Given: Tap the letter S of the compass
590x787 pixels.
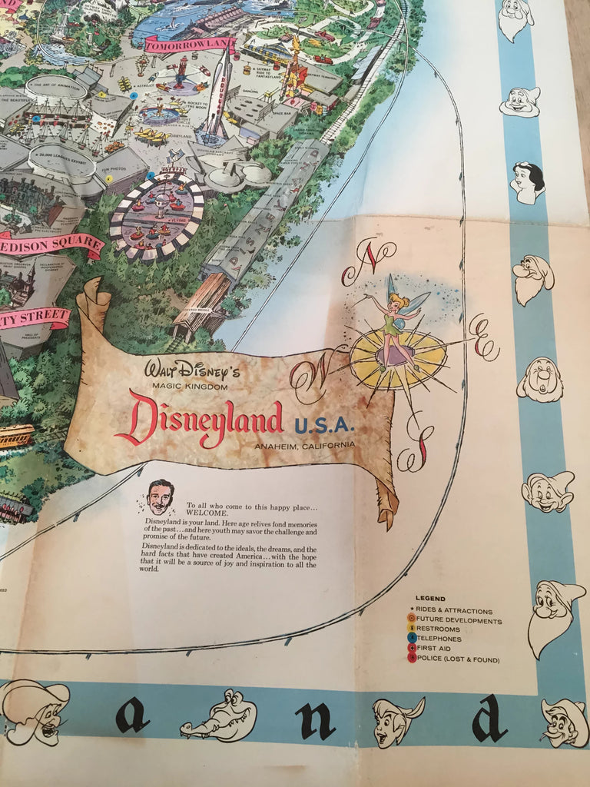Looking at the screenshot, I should (415, 448).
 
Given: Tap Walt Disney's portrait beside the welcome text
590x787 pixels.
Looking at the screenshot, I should (160, 497).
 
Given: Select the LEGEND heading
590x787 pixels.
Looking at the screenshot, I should (430, 599).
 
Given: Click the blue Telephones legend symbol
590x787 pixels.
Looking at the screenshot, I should (412, 639).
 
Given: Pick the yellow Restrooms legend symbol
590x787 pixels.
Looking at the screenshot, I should (412, 629).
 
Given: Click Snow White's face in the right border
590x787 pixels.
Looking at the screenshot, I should (529, 182).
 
